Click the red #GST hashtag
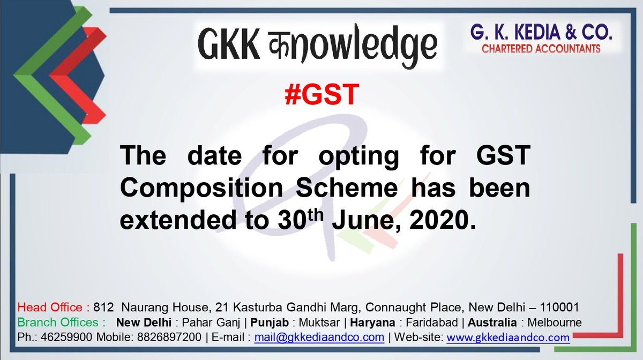click(x=320, y=95)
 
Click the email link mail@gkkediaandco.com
click(x=319, y=337)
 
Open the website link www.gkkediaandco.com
click(x=507, y=337)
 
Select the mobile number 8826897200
click(x=177, y=337)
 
